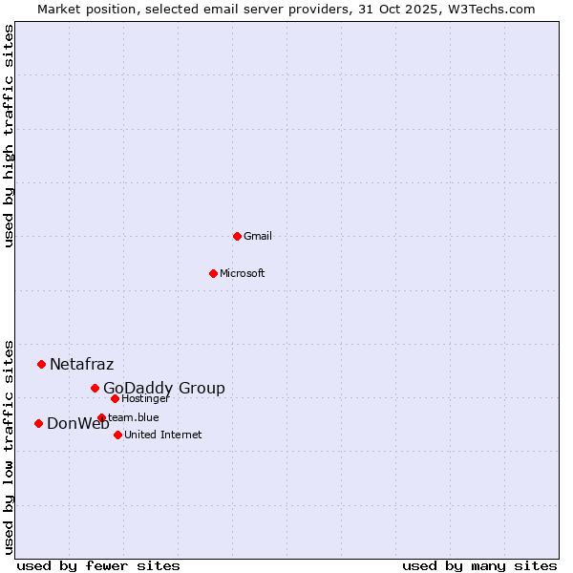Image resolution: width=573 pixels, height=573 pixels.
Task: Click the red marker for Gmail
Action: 237,236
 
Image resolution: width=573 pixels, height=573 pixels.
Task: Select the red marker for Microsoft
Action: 213,273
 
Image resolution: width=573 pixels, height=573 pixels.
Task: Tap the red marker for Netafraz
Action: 41,364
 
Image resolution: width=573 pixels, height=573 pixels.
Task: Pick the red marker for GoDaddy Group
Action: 95,388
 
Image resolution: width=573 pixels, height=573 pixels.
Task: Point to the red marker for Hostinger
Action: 115,398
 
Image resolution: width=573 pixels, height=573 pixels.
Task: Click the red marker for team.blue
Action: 101,417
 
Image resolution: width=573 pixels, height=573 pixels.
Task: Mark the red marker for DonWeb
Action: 38,423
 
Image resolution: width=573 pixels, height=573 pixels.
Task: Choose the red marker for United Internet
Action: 117,435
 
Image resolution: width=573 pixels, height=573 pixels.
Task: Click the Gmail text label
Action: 258,236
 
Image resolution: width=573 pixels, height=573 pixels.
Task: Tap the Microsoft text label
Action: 243,273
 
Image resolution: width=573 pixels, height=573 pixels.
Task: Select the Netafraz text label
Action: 81,364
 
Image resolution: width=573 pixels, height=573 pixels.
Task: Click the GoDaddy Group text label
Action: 164,388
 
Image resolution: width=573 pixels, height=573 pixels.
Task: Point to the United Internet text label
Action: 162,435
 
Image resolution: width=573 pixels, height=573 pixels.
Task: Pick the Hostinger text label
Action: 145,398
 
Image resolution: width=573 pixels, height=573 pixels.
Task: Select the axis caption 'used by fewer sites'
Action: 98,565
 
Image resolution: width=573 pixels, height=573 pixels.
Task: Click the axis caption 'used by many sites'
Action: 479,565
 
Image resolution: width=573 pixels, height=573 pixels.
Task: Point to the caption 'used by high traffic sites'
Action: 9,136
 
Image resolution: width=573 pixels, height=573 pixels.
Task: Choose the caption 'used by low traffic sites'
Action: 9,446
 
